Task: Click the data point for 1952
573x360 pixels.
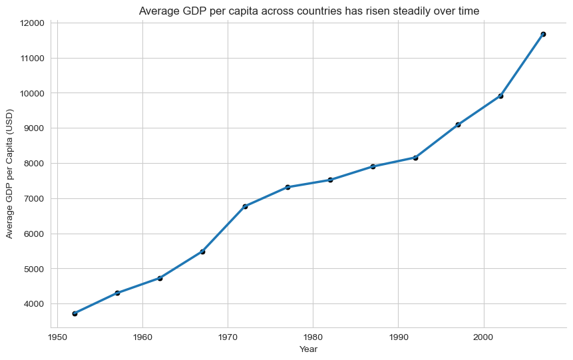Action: tap(75, 313)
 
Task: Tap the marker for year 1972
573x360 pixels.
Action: tap(245, 206)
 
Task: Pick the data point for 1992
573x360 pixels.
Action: tap(415, 158)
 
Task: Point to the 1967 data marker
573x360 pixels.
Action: tap(202, 252)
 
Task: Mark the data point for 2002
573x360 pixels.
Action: tap(500, 96)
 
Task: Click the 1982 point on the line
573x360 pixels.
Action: tap(330, 180)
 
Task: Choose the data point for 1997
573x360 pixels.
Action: tap(458, 124)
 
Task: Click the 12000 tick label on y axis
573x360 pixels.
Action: tap(31, 23)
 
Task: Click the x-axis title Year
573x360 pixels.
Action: tap(308, 349)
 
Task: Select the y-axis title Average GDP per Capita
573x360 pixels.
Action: tap(9, 175)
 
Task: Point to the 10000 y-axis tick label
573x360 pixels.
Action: tap(31, 93)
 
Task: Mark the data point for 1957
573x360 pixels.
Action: tap(117, 293)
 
